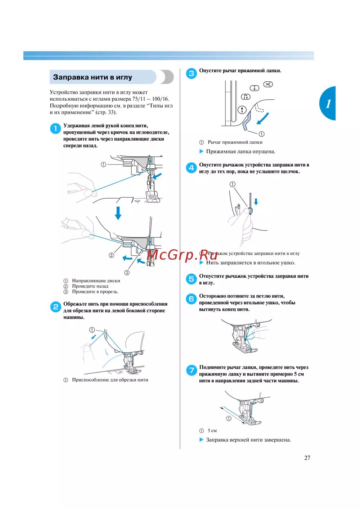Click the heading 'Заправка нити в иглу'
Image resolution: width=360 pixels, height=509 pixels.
point(93,77)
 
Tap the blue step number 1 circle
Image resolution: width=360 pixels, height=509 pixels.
point(55,128)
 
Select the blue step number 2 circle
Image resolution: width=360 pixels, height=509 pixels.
point(55,307)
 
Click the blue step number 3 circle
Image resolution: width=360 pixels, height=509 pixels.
point(191,73)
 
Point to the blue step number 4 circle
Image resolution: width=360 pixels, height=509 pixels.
point(191,168)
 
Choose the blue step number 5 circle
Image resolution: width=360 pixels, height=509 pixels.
point(191,279)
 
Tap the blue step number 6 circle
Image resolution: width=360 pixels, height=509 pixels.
point(191,299)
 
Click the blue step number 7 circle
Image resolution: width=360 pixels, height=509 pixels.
point(191,370)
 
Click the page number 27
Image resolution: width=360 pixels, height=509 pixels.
point(307,458)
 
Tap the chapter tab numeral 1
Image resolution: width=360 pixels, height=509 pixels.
point(328,104)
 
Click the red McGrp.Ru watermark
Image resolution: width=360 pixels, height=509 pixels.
point(182,255)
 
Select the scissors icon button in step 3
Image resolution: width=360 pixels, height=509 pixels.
point(268,84)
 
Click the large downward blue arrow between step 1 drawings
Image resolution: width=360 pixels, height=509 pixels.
point(118,213)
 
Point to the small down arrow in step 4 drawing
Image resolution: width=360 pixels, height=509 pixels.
point(256,201)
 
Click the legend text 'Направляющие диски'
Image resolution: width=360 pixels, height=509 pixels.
point(96,281)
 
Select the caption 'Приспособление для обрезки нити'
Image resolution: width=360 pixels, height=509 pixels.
point(110,380)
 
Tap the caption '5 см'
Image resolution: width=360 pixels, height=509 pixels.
point(212,431)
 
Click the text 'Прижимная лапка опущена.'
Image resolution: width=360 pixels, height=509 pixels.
point(240,151)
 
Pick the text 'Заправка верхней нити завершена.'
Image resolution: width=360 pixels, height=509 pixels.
point(248,440)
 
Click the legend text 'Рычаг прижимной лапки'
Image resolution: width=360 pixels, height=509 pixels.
point(235,142)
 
